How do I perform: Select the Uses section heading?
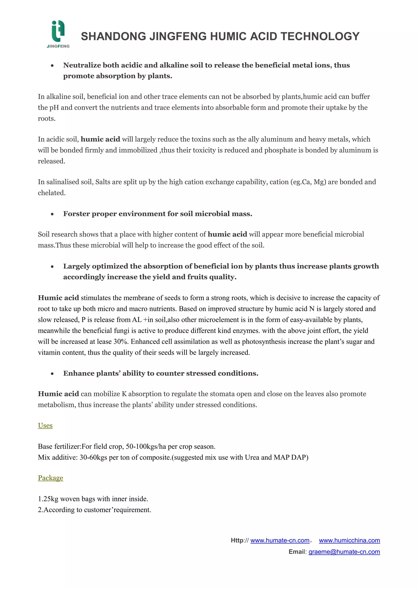tap(45, 426)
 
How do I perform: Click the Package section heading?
tap(50, 478)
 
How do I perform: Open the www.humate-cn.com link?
tap(280, 540)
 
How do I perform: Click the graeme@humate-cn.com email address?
tap(344, 552)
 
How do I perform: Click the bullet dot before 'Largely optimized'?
tap(52, 267)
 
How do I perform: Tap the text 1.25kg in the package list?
tap(48, 499)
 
